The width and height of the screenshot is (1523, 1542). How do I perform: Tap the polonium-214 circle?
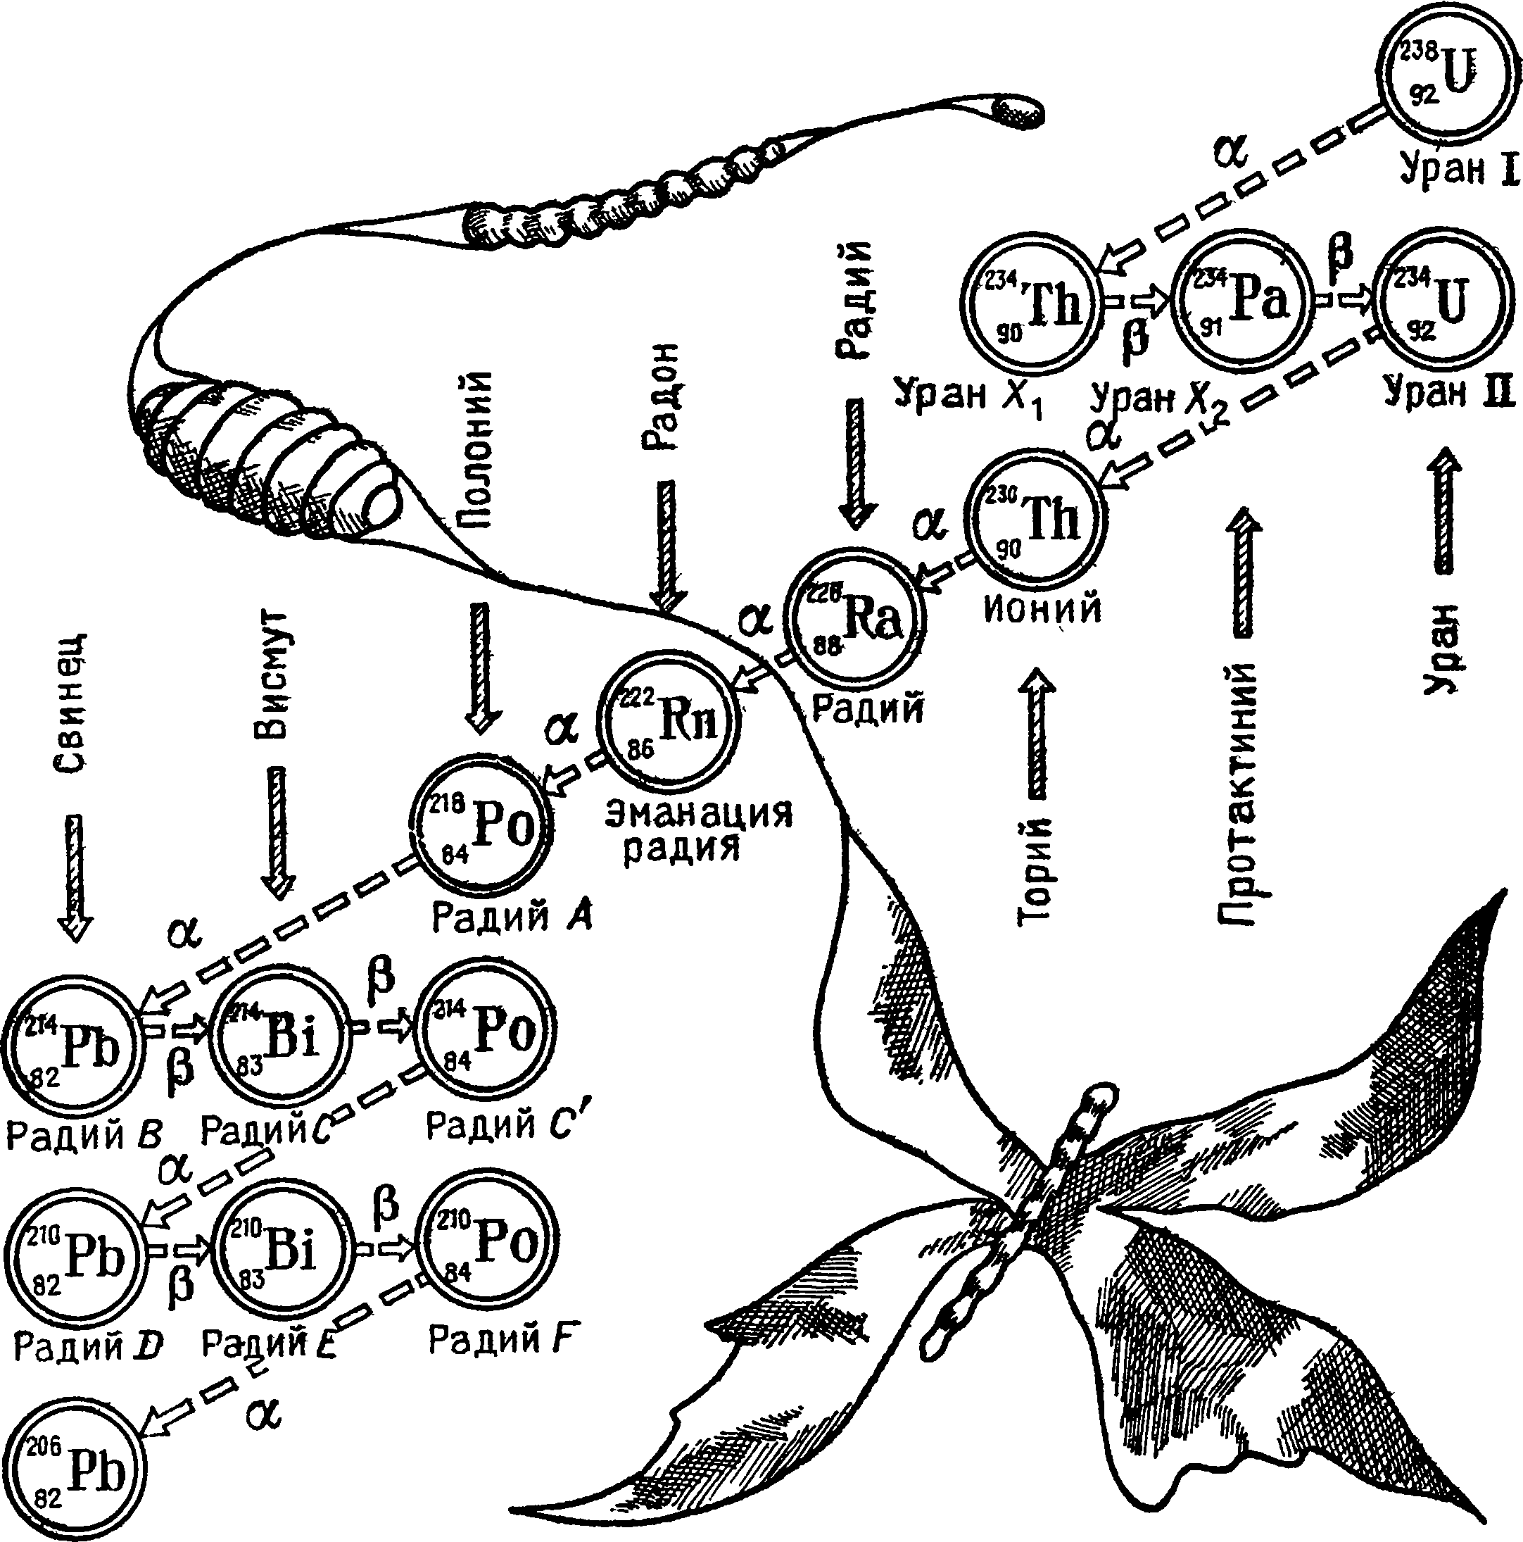486,1034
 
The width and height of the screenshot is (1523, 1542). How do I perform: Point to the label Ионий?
1042,609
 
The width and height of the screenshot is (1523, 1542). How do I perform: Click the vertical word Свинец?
72,704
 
